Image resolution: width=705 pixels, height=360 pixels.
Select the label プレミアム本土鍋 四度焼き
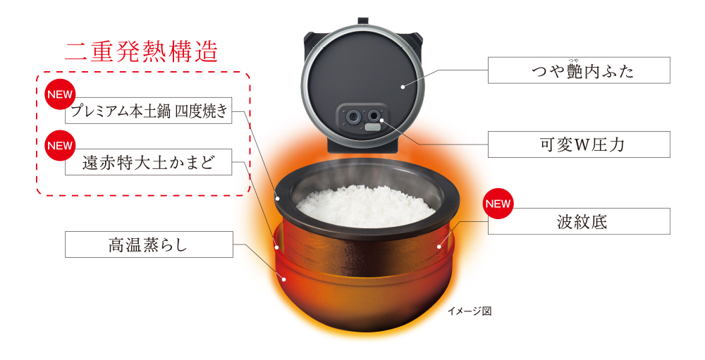[x=149, y=112]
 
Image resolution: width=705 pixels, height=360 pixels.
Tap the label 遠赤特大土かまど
[x=149, y=163]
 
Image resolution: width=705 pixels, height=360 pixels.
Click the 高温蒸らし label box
[x=149, y=244]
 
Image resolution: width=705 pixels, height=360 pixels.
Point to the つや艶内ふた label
[x=579, y=71]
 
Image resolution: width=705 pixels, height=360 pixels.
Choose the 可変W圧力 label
[x=579, y=144]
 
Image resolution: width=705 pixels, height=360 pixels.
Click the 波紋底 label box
[x=579, y=222]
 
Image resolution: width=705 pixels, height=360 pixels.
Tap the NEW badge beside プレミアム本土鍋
[x=59, y=94]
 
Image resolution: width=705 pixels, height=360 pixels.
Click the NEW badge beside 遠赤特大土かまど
[x=59, y=146]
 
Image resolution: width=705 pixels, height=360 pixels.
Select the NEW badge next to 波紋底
[x=498, y=204]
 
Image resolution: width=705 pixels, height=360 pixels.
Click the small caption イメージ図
[x=470, y=311]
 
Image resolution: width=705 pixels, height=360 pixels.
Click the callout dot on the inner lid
[x=403, y=87]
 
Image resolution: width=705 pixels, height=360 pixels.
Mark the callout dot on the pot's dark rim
[x=279, y=199]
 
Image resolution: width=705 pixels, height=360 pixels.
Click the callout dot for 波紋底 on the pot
[x=439, y=246]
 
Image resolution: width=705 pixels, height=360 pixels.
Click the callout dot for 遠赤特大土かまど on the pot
[x=278, y=247]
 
